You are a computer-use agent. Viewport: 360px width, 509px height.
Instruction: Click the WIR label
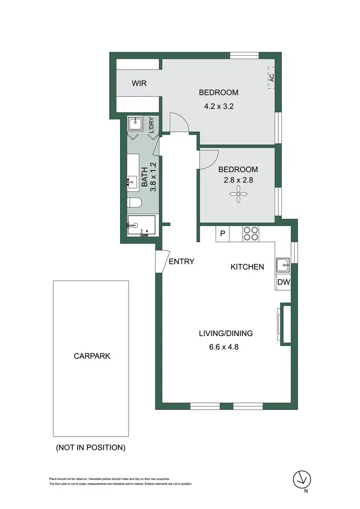(x=139, y=84)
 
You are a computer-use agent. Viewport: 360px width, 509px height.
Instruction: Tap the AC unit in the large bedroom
(x=271, y=78)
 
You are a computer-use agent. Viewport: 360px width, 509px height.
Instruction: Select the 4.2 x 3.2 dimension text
(x=218, y=107)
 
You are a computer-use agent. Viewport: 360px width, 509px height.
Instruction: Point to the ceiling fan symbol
(x=238, y=194)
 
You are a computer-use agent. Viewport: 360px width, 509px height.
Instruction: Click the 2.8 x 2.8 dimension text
(x=238, y=181)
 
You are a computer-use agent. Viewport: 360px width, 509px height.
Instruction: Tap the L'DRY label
(x=151, y=125)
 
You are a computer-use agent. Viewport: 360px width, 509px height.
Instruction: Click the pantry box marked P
(x=222, y=234)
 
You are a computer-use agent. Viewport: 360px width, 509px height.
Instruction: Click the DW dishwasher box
(x=283, y=283)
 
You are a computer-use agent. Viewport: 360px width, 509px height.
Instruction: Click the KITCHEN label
(x=247, y=267)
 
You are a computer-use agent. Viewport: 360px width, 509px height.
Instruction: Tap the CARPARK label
(x=91, y=356)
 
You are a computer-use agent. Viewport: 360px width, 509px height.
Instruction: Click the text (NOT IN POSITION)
(x=91, y=448)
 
